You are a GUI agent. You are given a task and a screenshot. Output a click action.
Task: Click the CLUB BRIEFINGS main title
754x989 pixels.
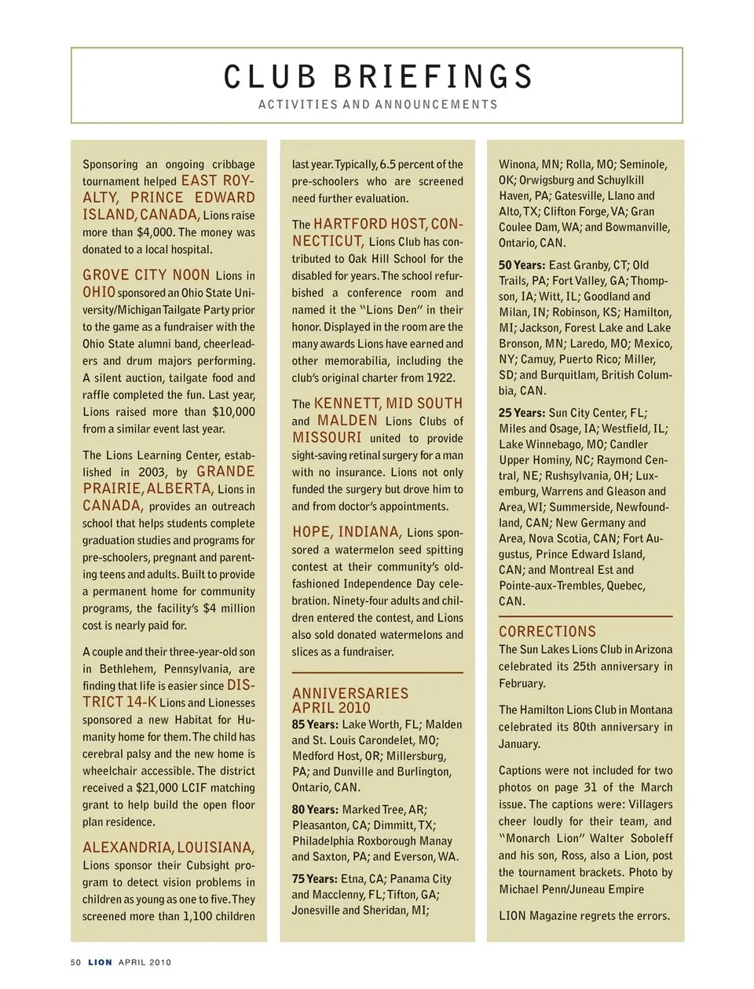[378, 77]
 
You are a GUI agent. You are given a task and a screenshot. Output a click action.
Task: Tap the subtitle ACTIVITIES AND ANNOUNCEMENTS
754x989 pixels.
[378, 104]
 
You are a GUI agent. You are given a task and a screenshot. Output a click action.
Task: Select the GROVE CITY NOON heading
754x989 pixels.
[146, 275]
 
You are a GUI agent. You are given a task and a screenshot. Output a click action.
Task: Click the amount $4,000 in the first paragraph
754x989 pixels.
[155, 232]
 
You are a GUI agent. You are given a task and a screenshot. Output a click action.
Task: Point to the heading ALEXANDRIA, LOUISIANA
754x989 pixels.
[169, 848]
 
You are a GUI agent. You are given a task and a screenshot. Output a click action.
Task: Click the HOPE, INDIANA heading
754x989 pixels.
[347, 531]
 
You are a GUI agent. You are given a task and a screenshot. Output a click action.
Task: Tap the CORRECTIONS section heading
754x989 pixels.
[547, 631]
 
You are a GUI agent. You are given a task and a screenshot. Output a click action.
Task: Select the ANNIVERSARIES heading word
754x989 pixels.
[350, 693]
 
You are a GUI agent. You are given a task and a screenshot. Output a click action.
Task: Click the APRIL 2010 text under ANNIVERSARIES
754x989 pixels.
[331, 707]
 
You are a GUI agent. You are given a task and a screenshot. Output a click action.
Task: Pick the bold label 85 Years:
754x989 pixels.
[315, 724]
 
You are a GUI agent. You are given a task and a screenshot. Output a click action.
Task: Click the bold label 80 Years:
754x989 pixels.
[315, 809]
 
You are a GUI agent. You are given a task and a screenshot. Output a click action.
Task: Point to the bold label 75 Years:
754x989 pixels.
[315, 879]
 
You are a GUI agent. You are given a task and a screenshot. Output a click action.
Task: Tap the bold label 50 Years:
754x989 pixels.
[522, 265]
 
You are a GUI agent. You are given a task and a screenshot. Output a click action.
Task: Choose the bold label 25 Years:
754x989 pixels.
[522, 413]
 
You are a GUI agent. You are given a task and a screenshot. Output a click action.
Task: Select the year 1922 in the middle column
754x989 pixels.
[441, 378]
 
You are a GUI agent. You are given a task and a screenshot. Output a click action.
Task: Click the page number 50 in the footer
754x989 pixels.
[76, 962]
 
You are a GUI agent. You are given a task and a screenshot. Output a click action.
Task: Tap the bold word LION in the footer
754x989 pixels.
[100, 962]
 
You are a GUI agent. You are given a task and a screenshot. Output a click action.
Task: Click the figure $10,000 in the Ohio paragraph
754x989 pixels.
[234, 411]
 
